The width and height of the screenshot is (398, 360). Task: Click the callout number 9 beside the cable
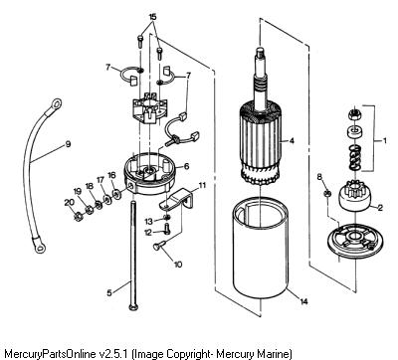pyautogui.click(x=68, y=144)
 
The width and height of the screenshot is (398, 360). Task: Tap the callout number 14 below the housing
pyautogui.click(x=303, y=301)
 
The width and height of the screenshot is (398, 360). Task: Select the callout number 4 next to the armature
pyautogui.click(x=292, y=141)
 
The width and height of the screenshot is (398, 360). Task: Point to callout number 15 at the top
pyautogui.click(x=152, y=17)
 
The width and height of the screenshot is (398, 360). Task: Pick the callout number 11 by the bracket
pyautogui.click(x=202, y=185)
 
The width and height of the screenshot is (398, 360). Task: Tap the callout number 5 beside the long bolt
pyautogui.click(x=109, y=292)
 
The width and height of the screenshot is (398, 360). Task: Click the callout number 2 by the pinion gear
pyautogui.click(x=380, y=208)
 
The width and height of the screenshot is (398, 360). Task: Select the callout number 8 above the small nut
pyautogui.click(x=319, y=177)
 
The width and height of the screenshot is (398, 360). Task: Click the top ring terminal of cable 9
pyautogui.click(x=56, y=105)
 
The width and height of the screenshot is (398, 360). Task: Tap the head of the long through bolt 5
pyautogui.click(x=133, y=308)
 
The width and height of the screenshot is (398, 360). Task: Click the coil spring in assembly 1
pyautogui.click(x=355, y=158)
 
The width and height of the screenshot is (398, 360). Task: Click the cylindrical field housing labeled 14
pyautogui.click(x=260, y=250)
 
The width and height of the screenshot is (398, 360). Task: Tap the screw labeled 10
pyautogui.click(x=160, y=246)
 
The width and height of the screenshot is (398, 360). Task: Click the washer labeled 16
pyautogui.click(x=116, y=194)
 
